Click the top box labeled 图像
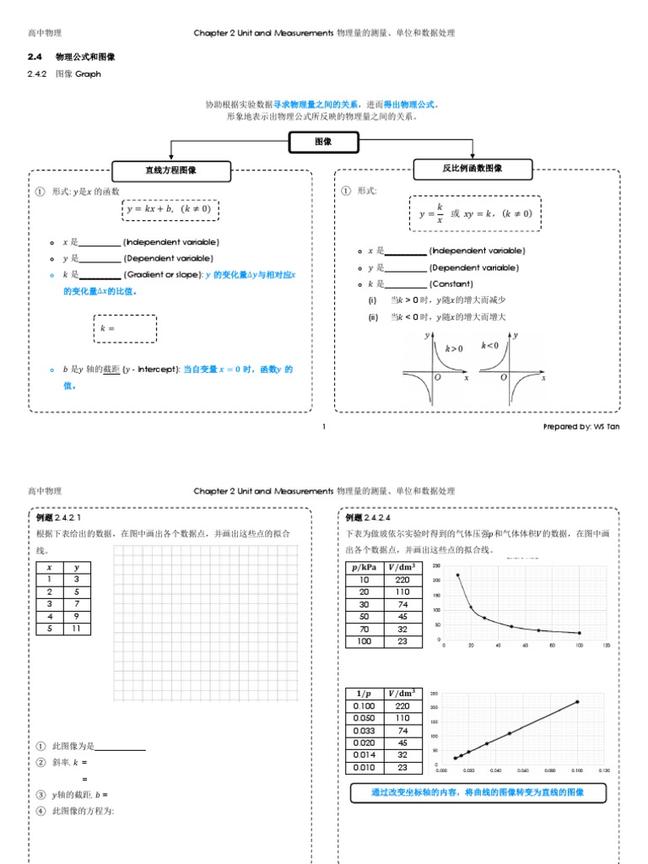click(x=323, y=142)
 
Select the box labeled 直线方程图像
click(x=171, y=170)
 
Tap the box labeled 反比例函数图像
click(x=472, y=169)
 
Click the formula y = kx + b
click(x=171, y=208)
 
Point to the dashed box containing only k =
click(x=124, y=329)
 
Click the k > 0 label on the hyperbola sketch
click(x=454, y=348)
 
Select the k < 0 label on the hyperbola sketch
click(x=489, y=345)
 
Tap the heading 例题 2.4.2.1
click(x=58, y=517)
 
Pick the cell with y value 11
click(x=77, y=628)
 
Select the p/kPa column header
click(x=364, y=567)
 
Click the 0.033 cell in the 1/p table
click(x=364, y=731)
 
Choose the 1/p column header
click(x=364, y=694)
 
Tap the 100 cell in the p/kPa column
click(x=364, y=641)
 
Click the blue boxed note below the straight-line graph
click(x=477, y=793)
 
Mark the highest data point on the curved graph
click(x=458, y=575)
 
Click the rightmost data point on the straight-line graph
click(x=578, y=701)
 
